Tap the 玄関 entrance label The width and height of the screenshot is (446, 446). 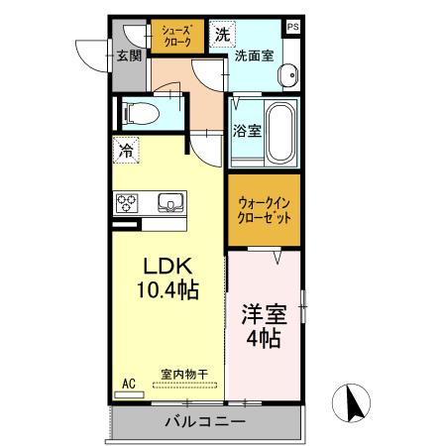coord(128,55)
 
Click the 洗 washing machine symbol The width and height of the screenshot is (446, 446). coord(221,34)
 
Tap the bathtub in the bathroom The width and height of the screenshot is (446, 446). coord(281,133)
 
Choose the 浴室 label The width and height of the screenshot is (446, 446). coord(248,130)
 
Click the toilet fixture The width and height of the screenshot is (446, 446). coord(140,113)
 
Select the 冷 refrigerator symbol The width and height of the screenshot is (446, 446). coord(126,151)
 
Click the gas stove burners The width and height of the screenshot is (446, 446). coord(129,203)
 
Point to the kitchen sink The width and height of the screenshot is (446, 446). coord(168,203)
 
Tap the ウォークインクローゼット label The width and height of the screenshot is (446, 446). coord(263,210)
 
